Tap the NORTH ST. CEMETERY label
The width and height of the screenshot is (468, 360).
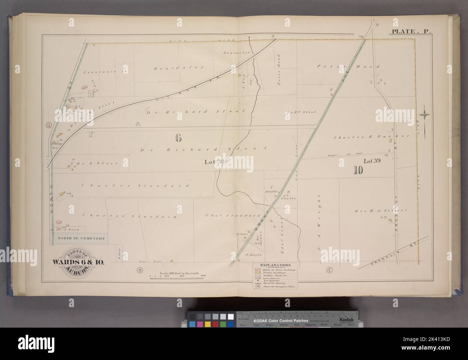[x=80, y=238]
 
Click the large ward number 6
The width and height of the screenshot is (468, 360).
[x=177, y=137]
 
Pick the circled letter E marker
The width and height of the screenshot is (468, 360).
[x=329, y=270]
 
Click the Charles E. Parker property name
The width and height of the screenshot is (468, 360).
[x=372, y=137]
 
